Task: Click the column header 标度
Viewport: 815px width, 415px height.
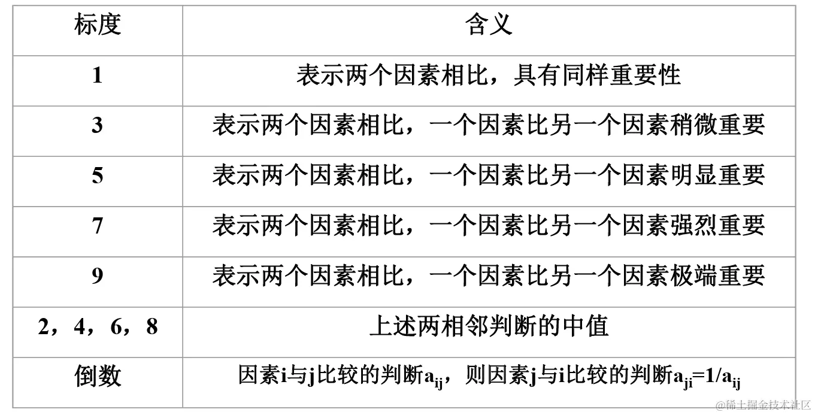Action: [x=98, y=25]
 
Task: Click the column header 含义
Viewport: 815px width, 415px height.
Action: [x=489, y=25]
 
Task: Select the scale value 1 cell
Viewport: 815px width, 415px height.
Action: [x=98, y=75]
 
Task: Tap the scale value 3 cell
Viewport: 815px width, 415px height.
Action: [x=98, y=126]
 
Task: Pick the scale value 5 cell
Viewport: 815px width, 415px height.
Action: [x=98, y=176]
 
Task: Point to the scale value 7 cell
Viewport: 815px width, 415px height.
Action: [x=98, y=226]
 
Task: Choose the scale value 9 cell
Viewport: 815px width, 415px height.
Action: [x=98, y=277]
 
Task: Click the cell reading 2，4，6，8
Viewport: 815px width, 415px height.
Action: [x=98, y=327]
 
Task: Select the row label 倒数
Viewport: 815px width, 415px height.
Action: [x=98, y=377]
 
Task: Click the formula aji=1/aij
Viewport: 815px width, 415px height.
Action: [x=707, y=377]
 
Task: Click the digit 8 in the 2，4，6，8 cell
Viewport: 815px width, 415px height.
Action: [x=152, y=327]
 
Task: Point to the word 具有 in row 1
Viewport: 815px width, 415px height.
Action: [x=537, y=75]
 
